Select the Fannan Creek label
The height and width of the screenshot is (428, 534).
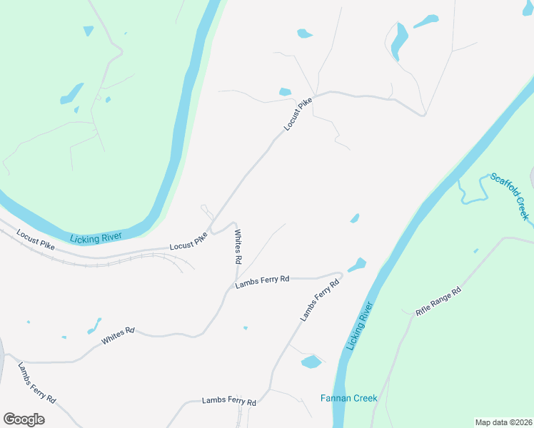pyautogui.click(x=348, y=398)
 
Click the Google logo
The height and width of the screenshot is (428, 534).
pyautogui.click(x=24, y=419)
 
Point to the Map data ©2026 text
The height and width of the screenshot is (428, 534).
pyautogui.click(x=503, y=422)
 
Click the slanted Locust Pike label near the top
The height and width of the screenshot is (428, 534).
pyautogui.click(x=298, y=115)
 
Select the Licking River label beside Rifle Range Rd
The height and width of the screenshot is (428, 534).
pyautogui.click(x=360, y=325)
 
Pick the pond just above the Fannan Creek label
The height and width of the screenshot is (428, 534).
pyautogui.click(x=311, y=362)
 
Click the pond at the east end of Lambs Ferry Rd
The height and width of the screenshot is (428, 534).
pyautogui.click(x=358, y=265)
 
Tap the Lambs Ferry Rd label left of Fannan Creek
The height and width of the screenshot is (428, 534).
pyautogui.click(x=228, y=401)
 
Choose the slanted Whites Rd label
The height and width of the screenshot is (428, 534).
pyautogui.click(x=118, y=336)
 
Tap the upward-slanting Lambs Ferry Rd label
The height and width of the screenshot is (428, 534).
pyautogui.click(x=319, y=300)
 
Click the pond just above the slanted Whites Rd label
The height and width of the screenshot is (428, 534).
pyautogui.click(x=94, y=325)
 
